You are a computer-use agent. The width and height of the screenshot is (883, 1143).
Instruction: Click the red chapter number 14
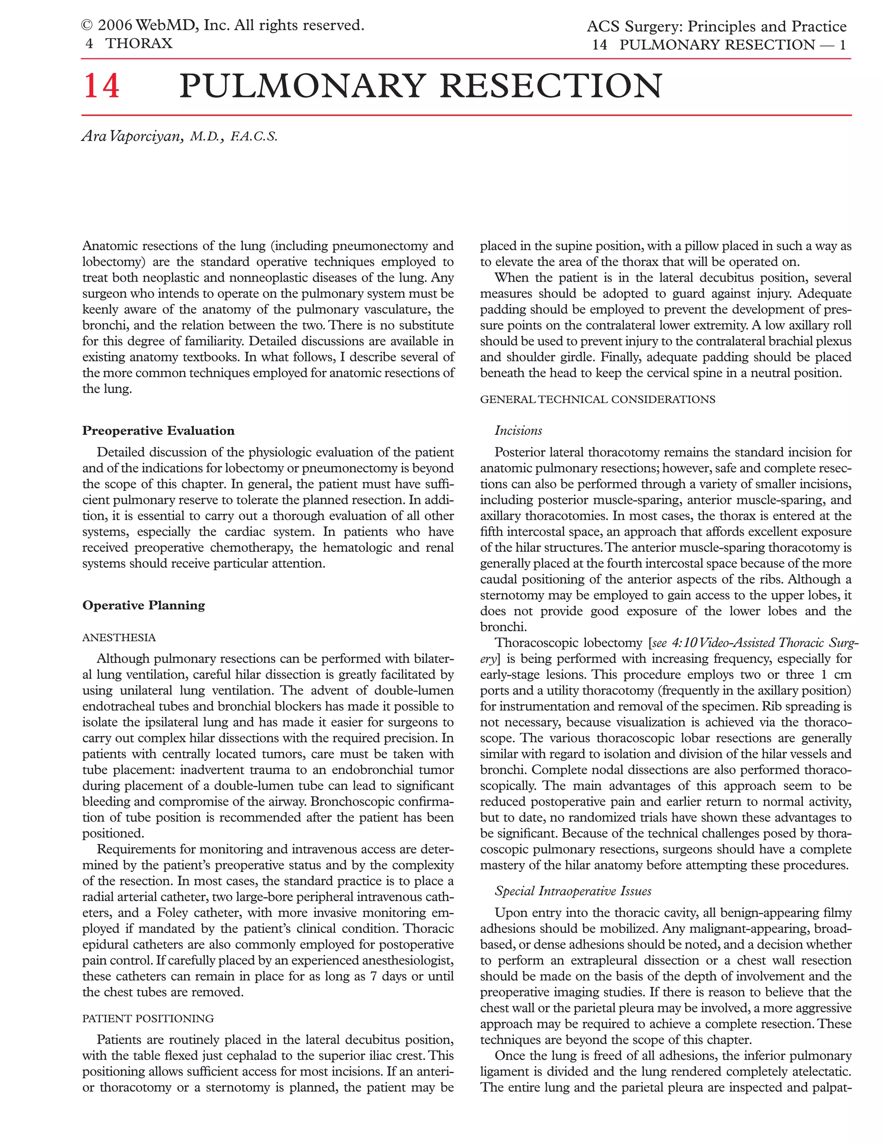[x=101, y=86]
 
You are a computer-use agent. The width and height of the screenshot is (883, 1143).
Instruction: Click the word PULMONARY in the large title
[x=300, y=86]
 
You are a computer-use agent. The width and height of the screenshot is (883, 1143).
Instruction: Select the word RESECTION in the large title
[x=551, y=86]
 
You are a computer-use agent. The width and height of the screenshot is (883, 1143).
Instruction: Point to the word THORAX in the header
[x=139, y=44]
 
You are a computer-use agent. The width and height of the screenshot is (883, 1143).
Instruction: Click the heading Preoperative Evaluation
[x=158, y=431]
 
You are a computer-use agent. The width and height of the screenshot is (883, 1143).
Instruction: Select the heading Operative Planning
[x=143, y=605]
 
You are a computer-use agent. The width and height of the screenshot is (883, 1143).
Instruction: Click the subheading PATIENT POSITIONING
[x=147, y=1018]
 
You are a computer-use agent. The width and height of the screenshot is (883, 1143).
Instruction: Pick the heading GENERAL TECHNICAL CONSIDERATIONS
[x=598, y=399]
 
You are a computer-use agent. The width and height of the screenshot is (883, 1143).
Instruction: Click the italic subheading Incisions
[x=518, y=431]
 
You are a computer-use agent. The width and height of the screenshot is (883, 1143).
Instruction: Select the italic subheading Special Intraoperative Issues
[x=573, y=891]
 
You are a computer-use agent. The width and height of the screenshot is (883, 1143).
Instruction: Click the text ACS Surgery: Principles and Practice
[x=716, y=26]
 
